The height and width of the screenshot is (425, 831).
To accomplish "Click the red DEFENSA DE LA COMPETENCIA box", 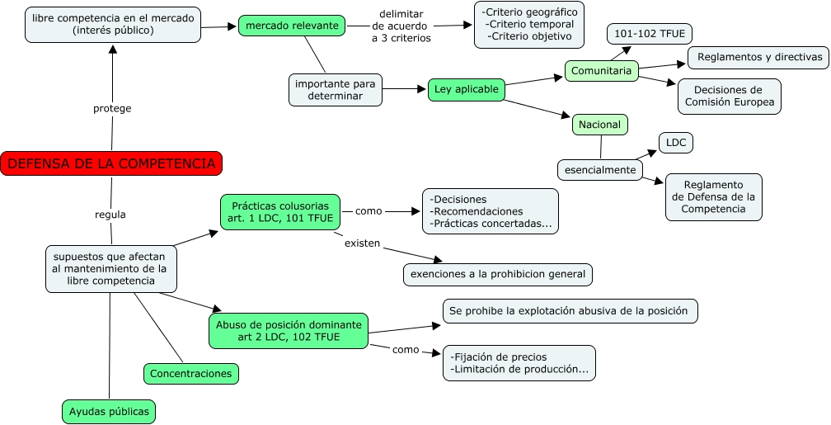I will click(112, 163).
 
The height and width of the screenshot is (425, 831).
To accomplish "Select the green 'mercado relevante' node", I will click(292, 26).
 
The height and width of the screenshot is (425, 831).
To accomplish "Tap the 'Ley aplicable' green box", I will click(466, 89).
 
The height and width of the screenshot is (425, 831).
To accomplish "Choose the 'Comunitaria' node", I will click(602, 71).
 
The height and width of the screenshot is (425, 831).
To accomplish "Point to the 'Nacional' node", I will click(600, 125).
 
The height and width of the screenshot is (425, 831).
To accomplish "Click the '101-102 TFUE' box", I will click(650, 34).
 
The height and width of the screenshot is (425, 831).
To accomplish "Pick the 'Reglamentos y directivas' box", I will click(758, 57).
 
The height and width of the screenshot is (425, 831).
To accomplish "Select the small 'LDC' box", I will click(676, 142).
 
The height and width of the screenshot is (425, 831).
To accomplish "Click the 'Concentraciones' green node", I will click(191, 374).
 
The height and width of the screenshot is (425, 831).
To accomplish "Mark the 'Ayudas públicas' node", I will click(109, 410).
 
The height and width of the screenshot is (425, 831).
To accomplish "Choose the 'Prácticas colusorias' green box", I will click(280, 211).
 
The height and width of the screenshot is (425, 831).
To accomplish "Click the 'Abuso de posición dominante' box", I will click(289, 331).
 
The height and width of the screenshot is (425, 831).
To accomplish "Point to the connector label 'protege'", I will click(112, 108).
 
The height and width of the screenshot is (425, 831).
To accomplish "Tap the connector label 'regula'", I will click(110, 215).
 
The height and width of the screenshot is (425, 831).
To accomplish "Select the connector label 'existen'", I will click(362, 243).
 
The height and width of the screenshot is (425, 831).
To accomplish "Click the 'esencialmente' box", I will click(600, 170).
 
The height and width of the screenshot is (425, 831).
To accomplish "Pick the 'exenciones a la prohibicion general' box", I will click(498, 274).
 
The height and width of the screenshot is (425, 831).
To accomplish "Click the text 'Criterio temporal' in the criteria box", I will click(531, 24).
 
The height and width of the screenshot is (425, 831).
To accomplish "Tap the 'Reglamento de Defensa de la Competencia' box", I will click(714, 197).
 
